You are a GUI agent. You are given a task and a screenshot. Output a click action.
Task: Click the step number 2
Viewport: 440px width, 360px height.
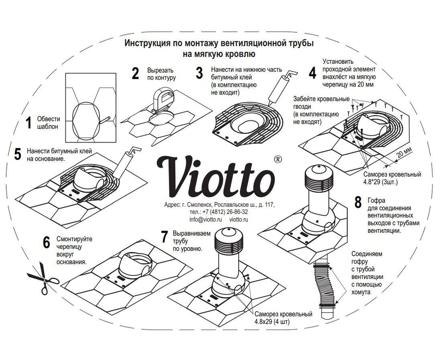pos(136,73)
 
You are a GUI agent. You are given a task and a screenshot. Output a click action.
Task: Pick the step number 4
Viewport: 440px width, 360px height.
pos(312,72)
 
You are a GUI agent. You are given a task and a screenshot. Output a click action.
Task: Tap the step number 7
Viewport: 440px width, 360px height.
pos(165,237)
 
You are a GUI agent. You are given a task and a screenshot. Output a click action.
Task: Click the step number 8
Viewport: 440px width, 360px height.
pos(358,203)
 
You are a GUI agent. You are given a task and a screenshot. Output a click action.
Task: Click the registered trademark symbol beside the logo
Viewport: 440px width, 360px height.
pos(278,158)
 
